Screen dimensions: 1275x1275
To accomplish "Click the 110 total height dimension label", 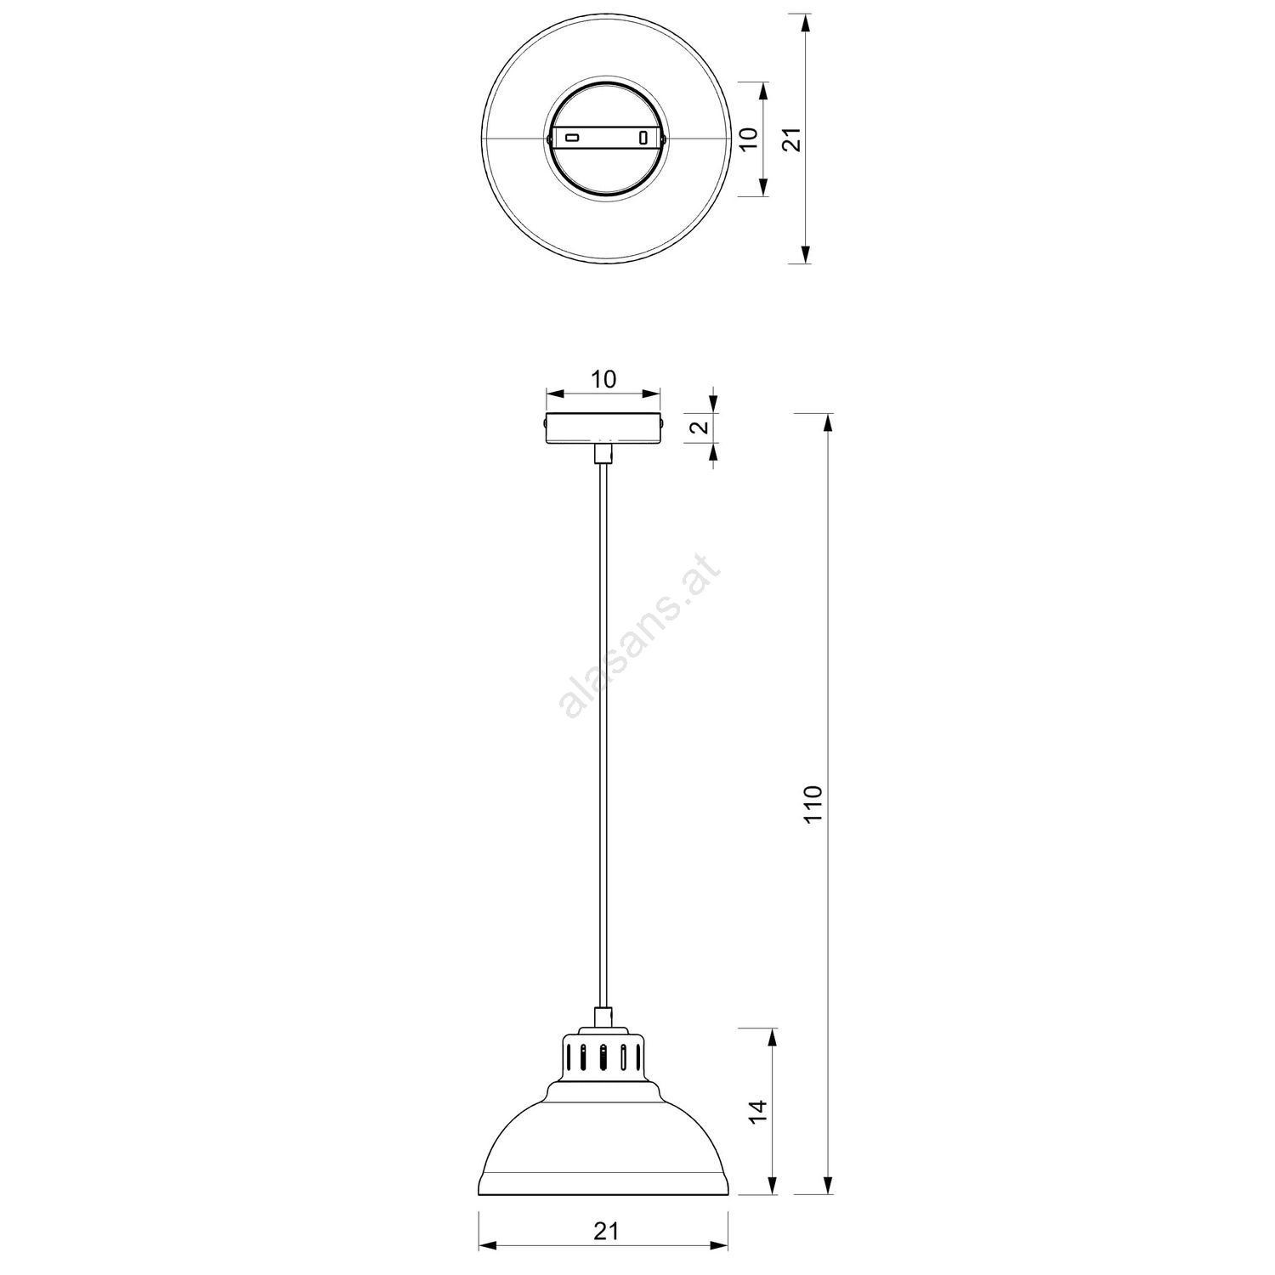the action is pos(813,804).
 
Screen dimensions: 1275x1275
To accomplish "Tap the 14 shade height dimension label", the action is pos(758,1112).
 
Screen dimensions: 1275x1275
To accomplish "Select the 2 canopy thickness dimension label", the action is pos(700,427).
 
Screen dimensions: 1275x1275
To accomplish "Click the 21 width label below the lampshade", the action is pos(604,1231).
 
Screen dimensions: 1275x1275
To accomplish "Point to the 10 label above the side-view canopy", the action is pos(603,379).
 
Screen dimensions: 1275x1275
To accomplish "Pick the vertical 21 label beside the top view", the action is pos(791,139).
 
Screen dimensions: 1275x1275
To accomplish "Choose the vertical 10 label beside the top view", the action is pos(748,139).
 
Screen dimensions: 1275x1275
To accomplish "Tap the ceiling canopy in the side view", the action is pos(603,428).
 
